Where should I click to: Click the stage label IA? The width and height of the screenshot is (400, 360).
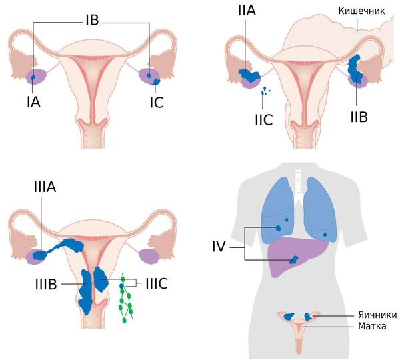click(x=34, y=102)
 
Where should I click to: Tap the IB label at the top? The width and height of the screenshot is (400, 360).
click(x=92, y=19)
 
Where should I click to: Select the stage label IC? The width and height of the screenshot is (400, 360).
click(x=157, y=102)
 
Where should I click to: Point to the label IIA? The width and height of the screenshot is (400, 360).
click(x=247, y=11)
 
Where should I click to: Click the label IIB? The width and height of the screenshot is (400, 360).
click(x=359, y=117)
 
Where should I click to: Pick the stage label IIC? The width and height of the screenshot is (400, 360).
click(x=264, y=119)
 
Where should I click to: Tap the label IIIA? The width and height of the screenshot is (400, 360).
click(x=45, y=187)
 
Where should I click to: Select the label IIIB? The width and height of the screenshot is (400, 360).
click(x=46, y=284)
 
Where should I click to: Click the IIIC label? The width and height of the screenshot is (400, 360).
click(x=157, y=283)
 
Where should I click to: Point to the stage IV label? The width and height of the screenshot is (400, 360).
click(x=219, y=247)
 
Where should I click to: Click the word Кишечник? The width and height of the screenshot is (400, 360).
click(x=361, y=11)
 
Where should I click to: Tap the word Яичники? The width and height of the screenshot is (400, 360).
click(x=377, y=315)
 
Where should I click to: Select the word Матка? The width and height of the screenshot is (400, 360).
click(x=372, y=326)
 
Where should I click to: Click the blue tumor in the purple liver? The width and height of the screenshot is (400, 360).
click(x=294, y=260)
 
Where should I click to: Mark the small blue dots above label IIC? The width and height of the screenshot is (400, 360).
click(x=265, y=91)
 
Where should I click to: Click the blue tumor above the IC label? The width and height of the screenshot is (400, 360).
click(x=155, y=81)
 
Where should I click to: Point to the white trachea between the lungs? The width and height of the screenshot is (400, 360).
click(x=298, y=183)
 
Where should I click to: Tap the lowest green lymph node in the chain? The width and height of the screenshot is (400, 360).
click(x=124, y=320)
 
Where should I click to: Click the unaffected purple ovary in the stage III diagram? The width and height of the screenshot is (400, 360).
click(x=149, y=256)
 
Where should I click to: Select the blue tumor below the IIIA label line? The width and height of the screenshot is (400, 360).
click(x=40, y=255)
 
